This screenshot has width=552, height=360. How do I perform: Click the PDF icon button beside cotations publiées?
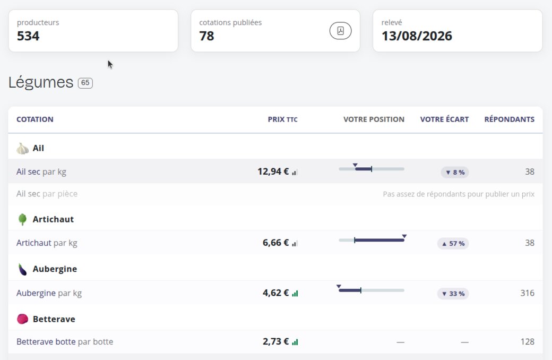(340, 31)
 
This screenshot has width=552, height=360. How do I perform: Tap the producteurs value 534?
(28, 36)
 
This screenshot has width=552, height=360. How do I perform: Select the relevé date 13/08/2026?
(417, 36)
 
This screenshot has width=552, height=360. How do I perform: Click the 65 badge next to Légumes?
(85, 83)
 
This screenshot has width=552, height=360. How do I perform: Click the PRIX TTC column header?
(283, 119)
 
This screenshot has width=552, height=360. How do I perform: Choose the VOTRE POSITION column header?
(374, 119)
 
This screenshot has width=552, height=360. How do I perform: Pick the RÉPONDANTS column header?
(510, 119)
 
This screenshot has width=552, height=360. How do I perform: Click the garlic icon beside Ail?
(22, 148)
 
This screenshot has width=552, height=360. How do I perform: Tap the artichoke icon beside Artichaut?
(22, 219)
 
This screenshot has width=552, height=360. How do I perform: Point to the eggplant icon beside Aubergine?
(22, 269)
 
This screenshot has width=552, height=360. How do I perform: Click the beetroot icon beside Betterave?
(22, 319)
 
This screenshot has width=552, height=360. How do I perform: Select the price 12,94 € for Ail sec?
(273, 172)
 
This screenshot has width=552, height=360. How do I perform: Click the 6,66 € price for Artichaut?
(275, 243)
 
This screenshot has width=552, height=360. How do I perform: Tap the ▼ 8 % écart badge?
(455, 172)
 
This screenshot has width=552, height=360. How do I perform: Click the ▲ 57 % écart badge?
(453, 243)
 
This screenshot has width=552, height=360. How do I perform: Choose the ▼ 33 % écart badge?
(453, 294)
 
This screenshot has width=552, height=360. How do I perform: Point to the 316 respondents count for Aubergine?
(528, 293)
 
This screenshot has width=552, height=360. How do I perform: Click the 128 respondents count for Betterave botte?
(528, 342)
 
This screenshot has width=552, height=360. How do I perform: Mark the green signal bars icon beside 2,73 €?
(295, 342)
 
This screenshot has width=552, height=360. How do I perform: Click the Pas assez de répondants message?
(459, 194)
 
